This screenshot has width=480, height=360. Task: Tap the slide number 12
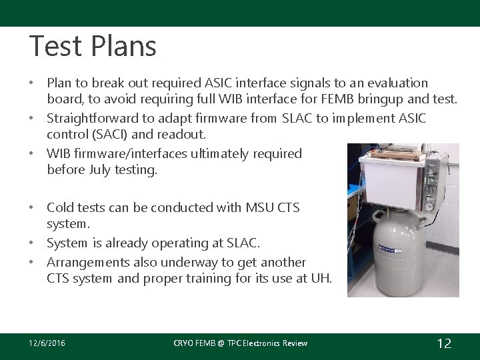[444, 343]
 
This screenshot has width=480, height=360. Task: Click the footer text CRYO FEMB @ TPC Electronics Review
[240, 343]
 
